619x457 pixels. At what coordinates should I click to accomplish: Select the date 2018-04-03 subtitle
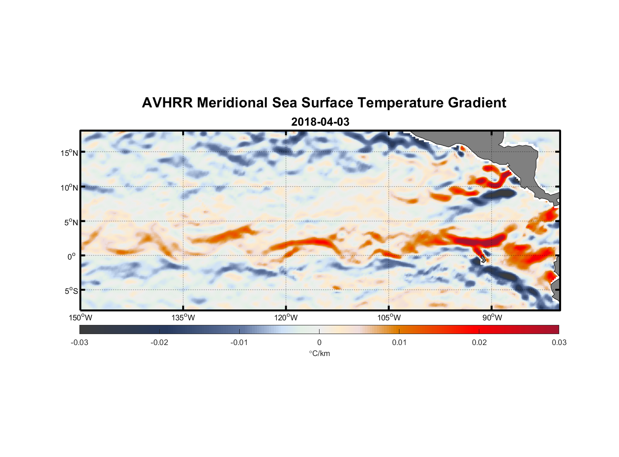(320, 122)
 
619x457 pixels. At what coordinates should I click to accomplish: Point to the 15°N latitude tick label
(69, 153)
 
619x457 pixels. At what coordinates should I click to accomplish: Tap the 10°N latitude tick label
(69, 187)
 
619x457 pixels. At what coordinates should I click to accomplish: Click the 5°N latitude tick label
(71, 222)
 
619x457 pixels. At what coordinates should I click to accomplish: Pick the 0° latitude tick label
(72, 256)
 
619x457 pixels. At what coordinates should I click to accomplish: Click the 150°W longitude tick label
(80, 318)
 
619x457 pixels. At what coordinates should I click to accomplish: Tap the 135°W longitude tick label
(183, 318)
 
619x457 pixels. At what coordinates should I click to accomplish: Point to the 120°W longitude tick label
(286, 318)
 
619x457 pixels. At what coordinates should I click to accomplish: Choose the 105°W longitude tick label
(389, 318)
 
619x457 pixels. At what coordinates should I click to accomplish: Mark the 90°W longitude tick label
(492, 318)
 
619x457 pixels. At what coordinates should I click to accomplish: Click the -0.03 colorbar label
(79, 342)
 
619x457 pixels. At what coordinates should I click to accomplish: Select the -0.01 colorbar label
(239, 342)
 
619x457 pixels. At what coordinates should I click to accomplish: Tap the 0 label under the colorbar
(319, 342)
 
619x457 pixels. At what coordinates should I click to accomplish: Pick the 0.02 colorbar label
(479, 342)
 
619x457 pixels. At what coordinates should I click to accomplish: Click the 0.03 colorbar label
(559, 342)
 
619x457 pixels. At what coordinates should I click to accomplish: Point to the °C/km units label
(319, 353)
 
